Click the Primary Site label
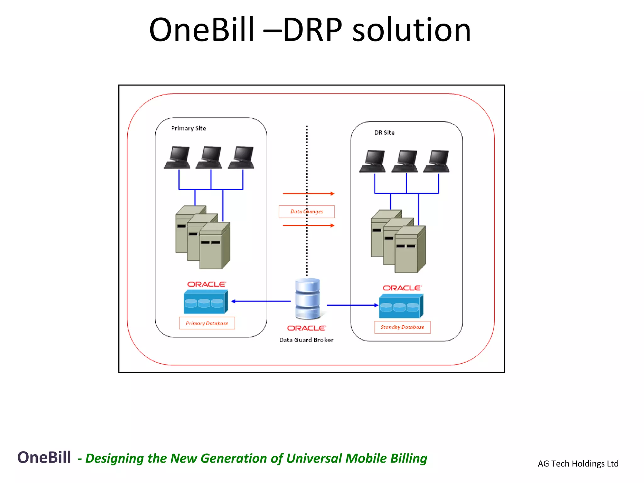(188, 128)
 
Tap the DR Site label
(384, 133)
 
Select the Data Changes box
(307, 212)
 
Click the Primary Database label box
(207, 323)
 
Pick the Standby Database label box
(402, 327)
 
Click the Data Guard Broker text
(306, 340)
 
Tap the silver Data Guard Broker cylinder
(308, 299)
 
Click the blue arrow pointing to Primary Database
(261, 301)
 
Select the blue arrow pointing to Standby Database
(352, 305)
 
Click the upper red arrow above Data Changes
(308, 194)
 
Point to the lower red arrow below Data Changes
(308, 225)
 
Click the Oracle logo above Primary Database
(206, 284)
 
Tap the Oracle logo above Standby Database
(402, 288)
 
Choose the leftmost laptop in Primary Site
(177, 158)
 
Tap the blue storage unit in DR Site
(401, 306)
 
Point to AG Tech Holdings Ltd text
(578, 464)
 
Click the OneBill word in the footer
(44, 457)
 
